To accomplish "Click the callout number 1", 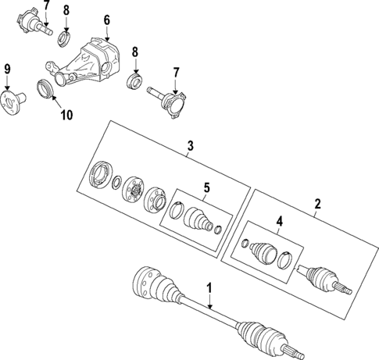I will coord(209,289).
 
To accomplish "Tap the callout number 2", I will coord(317,205).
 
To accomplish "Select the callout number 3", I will coord(189,145).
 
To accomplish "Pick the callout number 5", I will coord(207,187).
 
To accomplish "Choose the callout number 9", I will coord(8,70).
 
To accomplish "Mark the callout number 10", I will coord(66,115).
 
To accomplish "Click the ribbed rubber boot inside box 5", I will coord(195,218).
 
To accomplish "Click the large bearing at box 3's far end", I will coord(101,174).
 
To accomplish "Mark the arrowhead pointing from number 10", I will coord(54,99).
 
